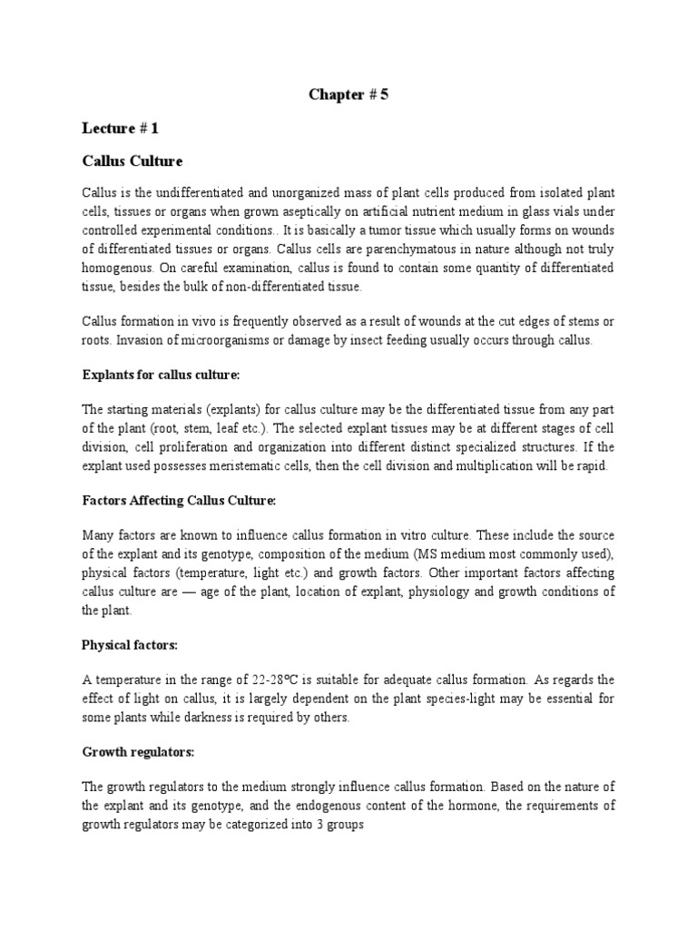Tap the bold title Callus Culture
click(133, 161)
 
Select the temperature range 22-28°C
click(271, 680)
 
